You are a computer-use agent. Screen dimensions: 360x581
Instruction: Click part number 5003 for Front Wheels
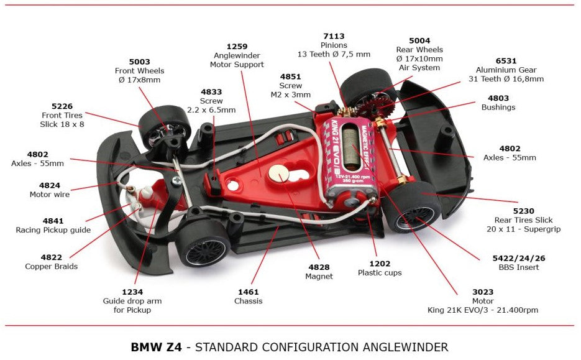tap(139, 62)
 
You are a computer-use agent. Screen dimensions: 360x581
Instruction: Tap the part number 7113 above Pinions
tap(333, 37)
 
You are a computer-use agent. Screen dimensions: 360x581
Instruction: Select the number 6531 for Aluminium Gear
tap(506, 61)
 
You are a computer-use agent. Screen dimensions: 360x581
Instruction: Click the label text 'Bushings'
tap(498, 107)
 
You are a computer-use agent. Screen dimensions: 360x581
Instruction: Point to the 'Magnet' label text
tap(319, 276)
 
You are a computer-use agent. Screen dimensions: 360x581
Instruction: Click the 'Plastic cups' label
tap(380, 272)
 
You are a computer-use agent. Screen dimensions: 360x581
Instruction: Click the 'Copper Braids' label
tap(51, 266)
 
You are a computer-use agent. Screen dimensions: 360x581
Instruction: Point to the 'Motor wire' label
tap(50, 194)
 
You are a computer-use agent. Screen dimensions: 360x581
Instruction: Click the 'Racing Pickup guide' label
tap(53, 230)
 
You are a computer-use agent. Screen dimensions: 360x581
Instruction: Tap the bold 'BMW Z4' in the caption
tap(156, 347)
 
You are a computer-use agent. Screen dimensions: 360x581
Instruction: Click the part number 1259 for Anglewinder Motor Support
tap(237, 46)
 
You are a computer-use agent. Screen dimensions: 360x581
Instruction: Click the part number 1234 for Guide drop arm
tap(132, 292)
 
